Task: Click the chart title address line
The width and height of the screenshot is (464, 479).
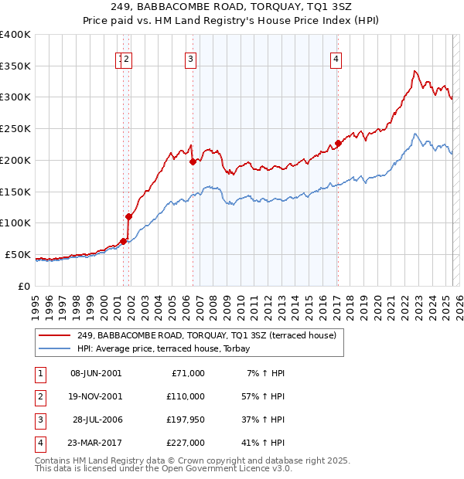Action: [x=231, y=7]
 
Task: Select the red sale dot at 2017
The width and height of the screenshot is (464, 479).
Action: [x=338, y=143]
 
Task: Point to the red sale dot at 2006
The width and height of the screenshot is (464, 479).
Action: [x=193, y=161]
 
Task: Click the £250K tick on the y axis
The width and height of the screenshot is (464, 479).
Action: [x=15, y=128]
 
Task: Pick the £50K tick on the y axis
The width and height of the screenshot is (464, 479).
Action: [x=18, y=254]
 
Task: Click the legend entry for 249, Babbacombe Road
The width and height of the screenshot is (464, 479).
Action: [x=206, y=336]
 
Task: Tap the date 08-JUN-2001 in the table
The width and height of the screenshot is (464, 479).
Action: [x=95, y=373]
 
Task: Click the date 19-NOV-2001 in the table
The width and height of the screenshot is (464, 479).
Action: [x=95, y=396]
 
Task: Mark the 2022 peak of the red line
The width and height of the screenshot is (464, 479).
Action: [x=415, y=71]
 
